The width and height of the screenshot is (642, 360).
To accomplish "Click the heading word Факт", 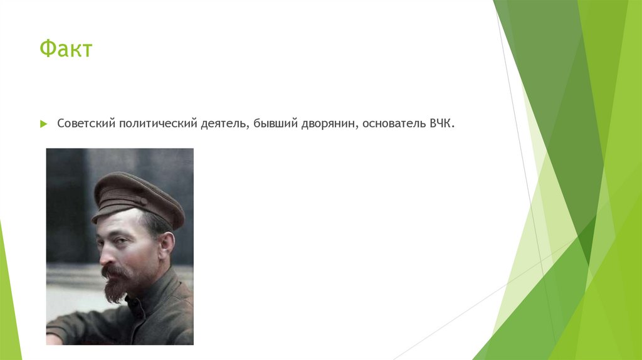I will pos(66,49).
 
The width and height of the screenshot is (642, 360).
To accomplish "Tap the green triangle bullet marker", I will pos(43,124).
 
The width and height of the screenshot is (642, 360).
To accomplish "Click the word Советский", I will pos(85,124).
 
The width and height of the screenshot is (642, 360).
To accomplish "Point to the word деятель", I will pos(220,124).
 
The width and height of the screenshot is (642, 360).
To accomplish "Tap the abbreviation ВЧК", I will pos(441,124).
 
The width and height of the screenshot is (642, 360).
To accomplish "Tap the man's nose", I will pos(103,253).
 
